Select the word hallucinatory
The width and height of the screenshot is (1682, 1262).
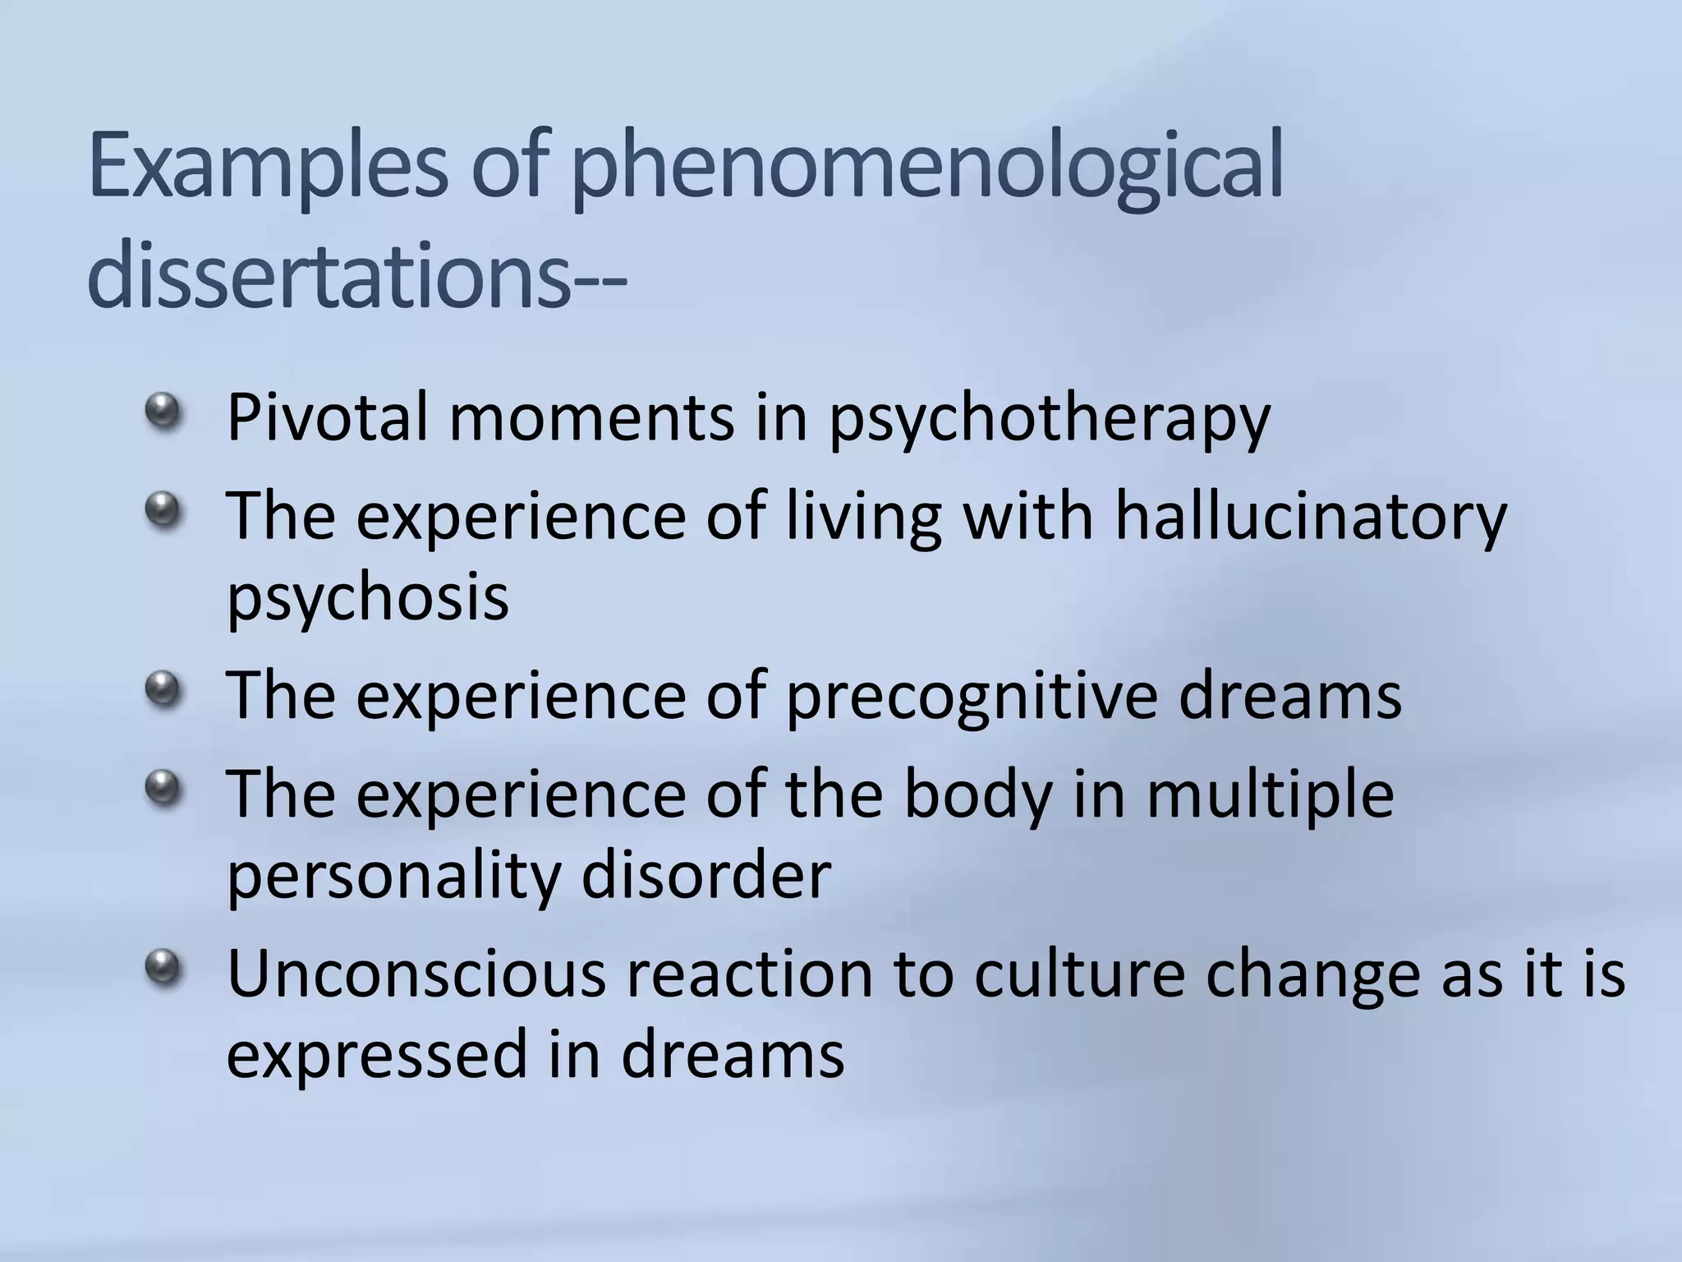tap(1311, 518)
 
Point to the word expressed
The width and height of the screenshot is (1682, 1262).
tap(375, 1057)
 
